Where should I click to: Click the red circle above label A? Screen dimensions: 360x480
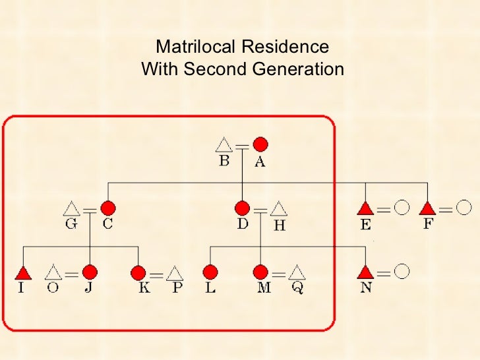tap(260, 144)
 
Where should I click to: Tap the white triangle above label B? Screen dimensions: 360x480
tap(224, 144)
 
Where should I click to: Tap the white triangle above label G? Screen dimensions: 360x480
tap(72, 208)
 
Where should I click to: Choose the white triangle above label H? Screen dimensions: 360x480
tap(280, 208)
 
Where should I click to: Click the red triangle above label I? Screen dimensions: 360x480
tap(24, 272)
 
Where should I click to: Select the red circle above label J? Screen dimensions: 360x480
tap(90, 272)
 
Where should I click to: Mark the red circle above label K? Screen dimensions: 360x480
tap(138, 272)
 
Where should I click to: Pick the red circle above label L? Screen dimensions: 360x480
tap(210, 272)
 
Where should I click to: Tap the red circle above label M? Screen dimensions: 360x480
tap(261, 272)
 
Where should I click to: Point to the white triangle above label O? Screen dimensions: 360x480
tap(53, 272)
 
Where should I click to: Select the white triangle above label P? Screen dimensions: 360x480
tap(175, 272)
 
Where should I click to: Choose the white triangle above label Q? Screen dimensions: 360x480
tap(298, 272)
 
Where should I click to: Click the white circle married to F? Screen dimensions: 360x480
tap(464, 208)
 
